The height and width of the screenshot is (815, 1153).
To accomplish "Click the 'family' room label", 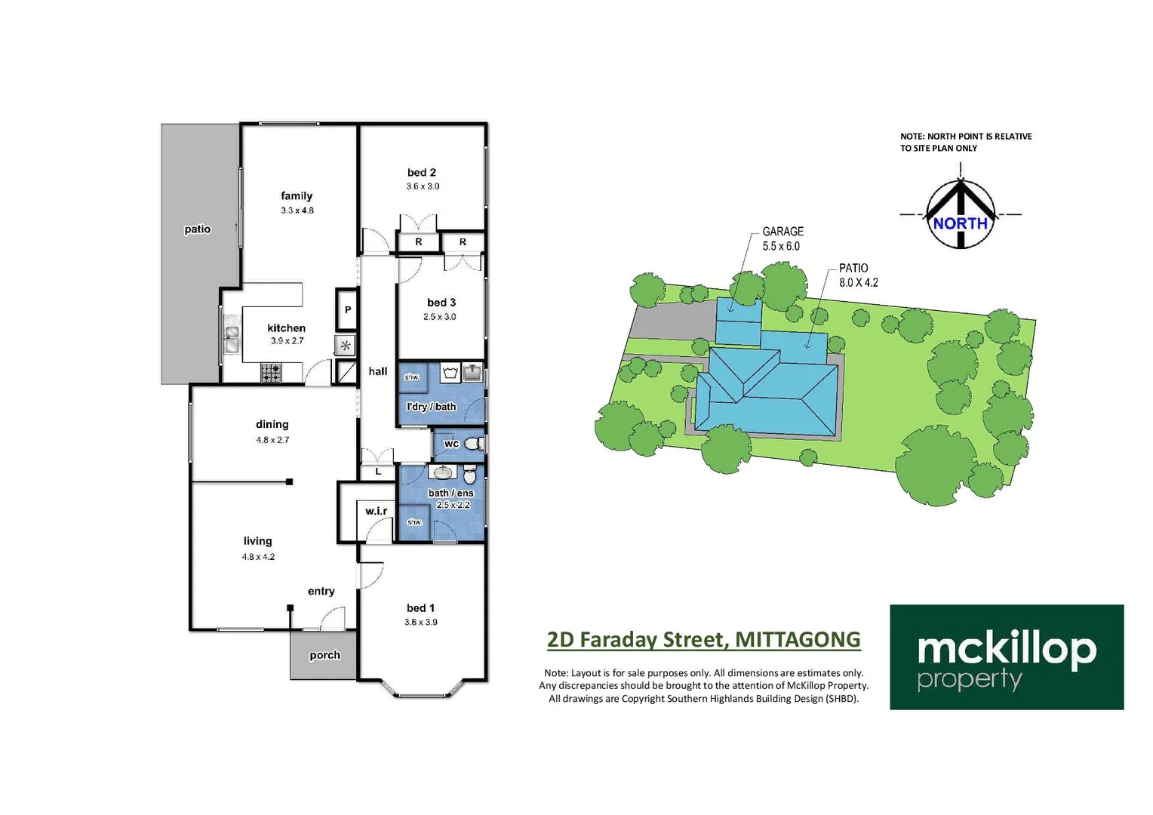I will pos(297,196).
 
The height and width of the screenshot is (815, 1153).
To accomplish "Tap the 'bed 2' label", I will pos(422,173).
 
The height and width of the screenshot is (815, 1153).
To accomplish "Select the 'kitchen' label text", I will pos(286,328).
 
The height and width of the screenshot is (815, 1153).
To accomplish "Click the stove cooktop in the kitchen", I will pos(271,372).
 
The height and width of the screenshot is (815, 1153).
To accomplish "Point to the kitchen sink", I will pos(231,339).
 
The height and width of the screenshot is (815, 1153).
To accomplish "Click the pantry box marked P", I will pos(347,309).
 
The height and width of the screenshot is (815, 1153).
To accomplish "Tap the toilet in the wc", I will pos(473,444).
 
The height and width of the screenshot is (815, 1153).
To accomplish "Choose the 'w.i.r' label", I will pos(376,511).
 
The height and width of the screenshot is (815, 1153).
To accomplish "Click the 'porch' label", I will pos(324,655).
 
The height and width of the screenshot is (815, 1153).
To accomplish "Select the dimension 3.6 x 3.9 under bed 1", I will pos(420,623).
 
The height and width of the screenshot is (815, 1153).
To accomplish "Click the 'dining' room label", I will pos(272,424).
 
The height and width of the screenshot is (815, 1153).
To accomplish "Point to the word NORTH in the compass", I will pos(960,223).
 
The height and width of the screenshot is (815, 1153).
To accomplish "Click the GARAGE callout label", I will pos(783,232).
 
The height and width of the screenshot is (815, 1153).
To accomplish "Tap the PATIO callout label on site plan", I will pos(853,268).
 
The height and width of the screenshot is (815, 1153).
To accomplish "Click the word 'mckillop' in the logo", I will pos(1007,649).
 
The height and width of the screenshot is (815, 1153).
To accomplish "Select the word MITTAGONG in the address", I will pos(798,639).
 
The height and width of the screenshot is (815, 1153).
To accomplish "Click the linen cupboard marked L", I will pos(378,472).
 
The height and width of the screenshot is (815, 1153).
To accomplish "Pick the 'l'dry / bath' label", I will pos(431,407).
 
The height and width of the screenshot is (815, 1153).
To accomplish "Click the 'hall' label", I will pos(377,371).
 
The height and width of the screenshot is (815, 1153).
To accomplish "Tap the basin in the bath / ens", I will pos(442,473).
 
